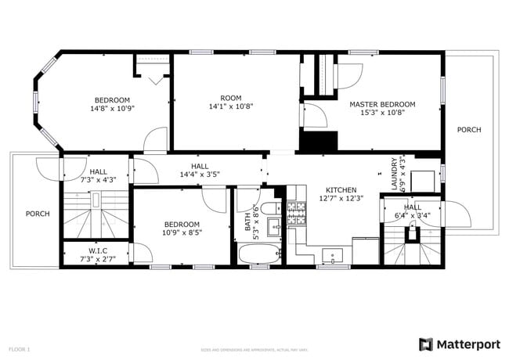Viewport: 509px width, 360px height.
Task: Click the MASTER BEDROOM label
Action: tap(382, 104)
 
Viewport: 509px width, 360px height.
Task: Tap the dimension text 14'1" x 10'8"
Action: tap(230, 106)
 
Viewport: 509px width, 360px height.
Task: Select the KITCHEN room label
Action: tap(341, 189)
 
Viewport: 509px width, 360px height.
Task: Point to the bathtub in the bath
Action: tap(258, 254)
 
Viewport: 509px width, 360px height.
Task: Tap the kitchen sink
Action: tap(332, 255)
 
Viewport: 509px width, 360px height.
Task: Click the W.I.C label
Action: tap(98, 250)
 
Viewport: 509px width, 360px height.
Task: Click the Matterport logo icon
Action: tap(426, 344)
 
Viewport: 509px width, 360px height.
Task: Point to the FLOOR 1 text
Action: tap(20, 348)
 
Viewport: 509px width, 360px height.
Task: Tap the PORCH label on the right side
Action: tap(469, 130)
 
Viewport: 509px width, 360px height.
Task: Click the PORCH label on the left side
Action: tap(38, 214)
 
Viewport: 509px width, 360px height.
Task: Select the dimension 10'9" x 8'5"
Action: tap(182, 232)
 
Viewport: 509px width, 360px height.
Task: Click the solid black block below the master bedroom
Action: tap(318, 142)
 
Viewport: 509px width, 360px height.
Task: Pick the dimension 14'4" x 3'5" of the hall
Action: tap(200, 175)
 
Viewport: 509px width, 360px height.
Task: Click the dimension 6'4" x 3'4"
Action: tap(412, 216)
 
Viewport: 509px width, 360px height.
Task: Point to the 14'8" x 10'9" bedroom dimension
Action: tap(112, 110)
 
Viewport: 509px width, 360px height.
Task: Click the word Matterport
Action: tap(468, 344)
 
